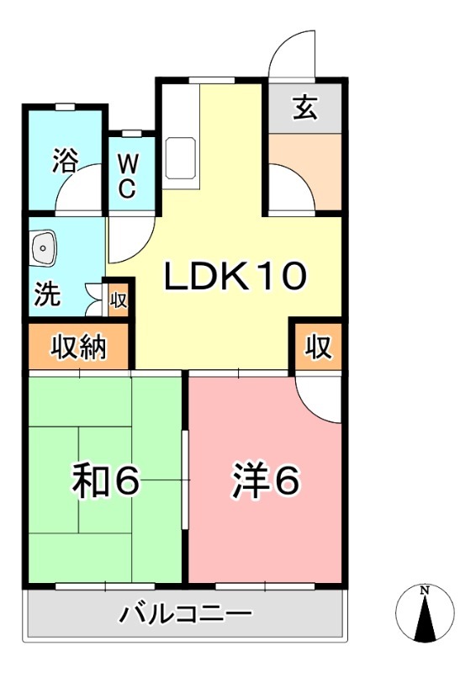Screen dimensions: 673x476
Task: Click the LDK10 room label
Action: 236,277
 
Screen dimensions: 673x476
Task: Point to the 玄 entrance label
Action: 304,107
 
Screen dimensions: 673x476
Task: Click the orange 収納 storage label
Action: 81,347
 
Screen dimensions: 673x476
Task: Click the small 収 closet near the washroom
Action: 119,297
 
